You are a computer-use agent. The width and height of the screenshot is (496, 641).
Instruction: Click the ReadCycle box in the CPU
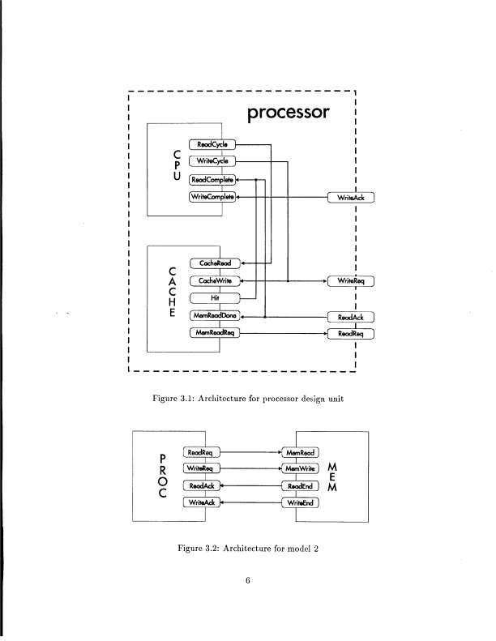click(212, 144)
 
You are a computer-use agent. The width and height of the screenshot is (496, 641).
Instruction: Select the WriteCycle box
click(212, 161)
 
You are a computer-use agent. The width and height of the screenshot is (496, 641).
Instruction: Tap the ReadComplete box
click(212, 179)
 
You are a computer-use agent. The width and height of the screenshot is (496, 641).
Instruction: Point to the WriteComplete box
click(212, 197)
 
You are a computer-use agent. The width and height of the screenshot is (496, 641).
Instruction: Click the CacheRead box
click(215, 263)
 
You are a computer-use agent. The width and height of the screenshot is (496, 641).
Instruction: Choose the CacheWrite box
click(215, 281)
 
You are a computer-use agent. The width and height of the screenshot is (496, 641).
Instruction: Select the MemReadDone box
click(215, 316)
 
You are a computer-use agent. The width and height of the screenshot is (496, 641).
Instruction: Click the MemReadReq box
click(215, 333)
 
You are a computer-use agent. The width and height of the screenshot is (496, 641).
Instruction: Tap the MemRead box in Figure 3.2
click(299, 452)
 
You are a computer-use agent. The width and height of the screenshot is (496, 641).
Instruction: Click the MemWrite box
click(299, 469)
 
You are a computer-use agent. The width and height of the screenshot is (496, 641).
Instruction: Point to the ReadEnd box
click(299, 486)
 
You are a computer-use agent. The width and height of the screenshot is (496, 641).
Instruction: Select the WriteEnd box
click(299, 503)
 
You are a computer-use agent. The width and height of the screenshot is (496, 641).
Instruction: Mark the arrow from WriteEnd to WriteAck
click(250, 503)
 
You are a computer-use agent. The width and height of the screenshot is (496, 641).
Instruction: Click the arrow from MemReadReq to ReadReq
click(284, 333)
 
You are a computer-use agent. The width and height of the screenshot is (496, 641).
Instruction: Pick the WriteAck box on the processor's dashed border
click(350, 197)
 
